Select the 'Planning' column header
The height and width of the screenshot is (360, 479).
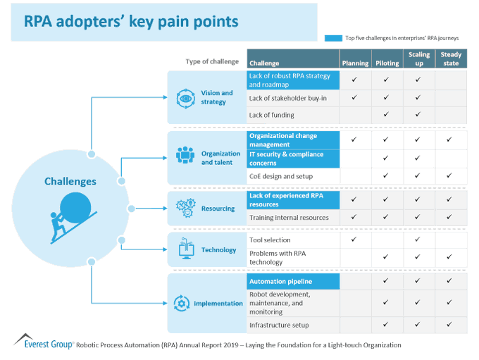pos(355,63)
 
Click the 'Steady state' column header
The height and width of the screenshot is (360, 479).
pos(449,58)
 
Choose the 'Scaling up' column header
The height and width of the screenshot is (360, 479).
pos(418,58)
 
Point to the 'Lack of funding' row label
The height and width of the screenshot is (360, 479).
pos(272,115)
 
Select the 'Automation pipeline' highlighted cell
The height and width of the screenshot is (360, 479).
pos(280,281)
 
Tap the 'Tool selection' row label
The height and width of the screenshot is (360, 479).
pos(270,240)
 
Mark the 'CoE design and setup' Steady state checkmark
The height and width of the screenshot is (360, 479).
pos(449,176)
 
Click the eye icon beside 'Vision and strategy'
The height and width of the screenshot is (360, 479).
pos(186,97)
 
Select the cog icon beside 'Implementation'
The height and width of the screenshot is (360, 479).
pos(182,304)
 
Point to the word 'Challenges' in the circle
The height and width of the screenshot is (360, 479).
pos(70,182)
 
